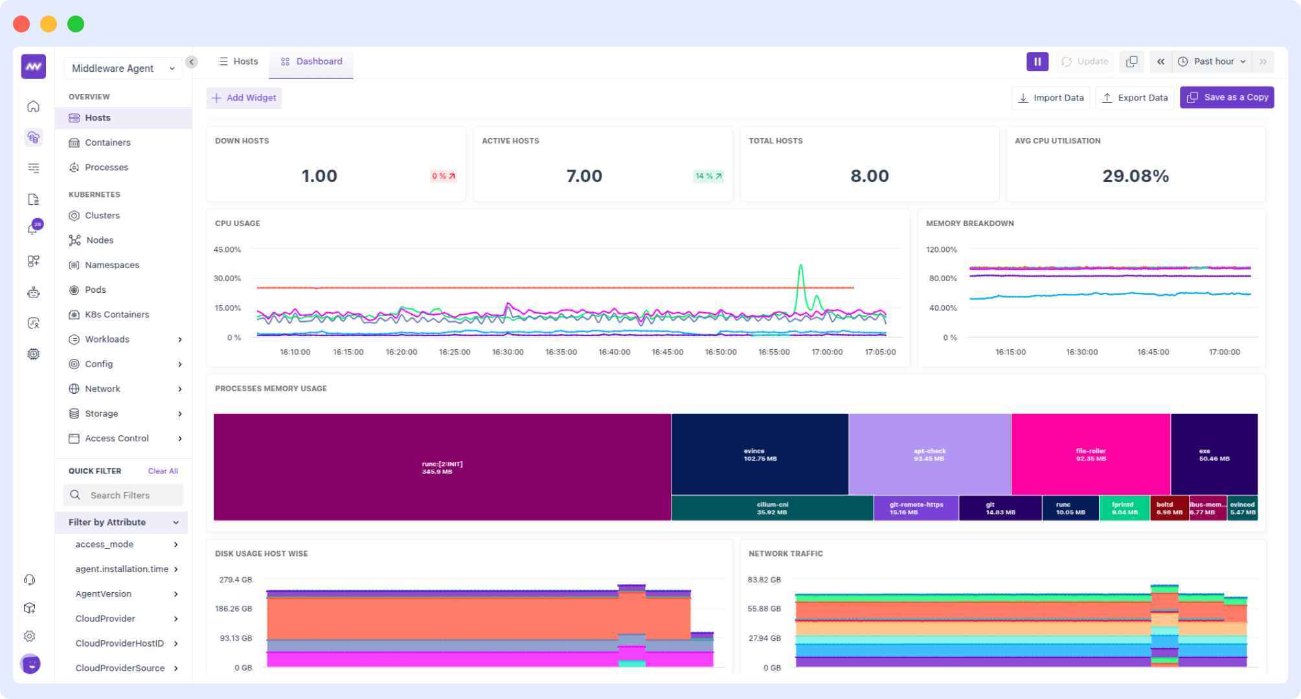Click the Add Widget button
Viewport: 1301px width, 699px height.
pos(244,98)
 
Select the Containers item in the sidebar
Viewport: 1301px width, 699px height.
pos(107,143)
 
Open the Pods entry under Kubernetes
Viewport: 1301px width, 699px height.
pos(95,290)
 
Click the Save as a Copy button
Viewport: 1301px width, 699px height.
pos(1227,97)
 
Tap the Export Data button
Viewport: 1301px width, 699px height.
pos(1135,98)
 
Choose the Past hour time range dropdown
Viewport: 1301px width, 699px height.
pos(1213,62)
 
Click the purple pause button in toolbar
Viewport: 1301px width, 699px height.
pos(1037,62)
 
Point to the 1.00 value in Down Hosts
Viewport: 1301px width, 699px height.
pos(319,176)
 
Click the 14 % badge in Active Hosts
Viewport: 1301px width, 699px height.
pos(708,176)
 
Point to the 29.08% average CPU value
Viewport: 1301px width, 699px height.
pos(1135,176)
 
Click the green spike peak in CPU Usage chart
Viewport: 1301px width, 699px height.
pos(801,266)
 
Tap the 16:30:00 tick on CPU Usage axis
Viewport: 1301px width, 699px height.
pos(507,352)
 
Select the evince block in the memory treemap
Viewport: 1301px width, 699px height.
pos(760,454)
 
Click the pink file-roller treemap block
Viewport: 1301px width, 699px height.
pos(1091,454)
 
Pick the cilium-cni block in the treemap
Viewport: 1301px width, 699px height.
pos(772,508)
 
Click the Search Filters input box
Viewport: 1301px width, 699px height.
pos(124,495)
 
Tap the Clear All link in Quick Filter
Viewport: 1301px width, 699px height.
pos(163,471)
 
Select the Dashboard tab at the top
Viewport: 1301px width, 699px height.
pos(311,62)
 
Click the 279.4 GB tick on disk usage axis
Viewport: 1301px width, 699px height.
pos(235,580)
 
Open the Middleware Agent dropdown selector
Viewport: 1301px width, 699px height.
pos(123,69)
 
